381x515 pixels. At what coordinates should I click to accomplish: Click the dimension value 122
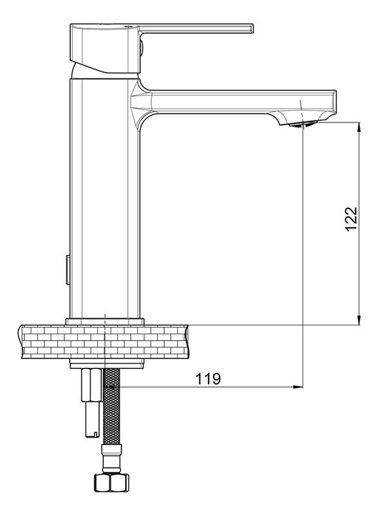[x=351, y=219]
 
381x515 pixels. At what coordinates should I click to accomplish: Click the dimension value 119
[x=209, y=379]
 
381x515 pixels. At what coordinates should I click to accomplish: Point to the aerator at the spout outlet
[x=303, y=124]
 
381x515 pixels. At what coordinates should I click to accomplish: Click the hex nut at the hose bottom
[x=111, y=482]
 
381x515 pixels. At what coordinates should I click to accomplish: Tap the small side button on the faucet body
[x=68, y=269]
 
